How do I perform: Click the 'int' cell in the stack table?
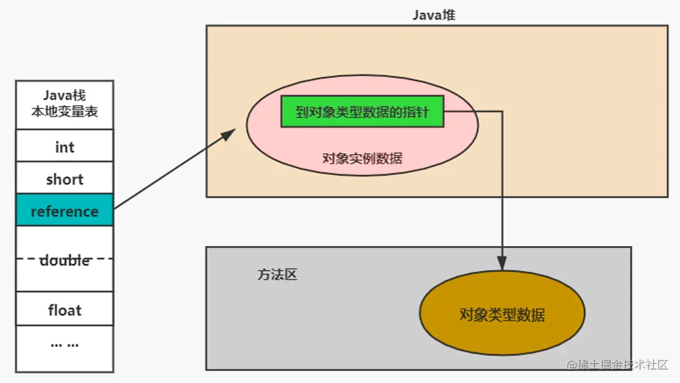pos(65,147)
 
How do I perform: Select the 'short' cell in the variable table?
pos(65,179)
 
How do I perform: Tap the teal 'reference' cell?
pos(65,211)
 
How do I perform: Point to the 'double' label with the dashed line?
pos(65,260)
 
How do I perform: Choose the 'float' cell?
pos(65,310)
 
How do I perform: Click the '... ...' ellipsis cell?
pos(65,344)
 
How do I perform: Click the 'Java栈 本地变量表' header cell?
pos(65,105)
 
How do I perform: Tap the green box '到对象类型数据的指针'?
pos(362,112)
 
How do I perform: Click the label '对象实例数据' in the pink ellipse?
pos(362,159)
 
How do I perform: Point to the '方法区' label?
pos(277,275)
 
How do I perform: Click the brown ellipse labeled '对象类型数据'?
pos(502,315)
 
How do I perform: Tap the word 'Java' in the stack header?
pos(56,96)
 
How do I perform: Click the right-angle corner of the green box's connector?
pos(502,112)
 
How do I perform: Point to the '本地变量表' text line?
pos(65,115)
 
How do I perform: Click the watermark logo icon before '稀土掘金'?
pos(572,365)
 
